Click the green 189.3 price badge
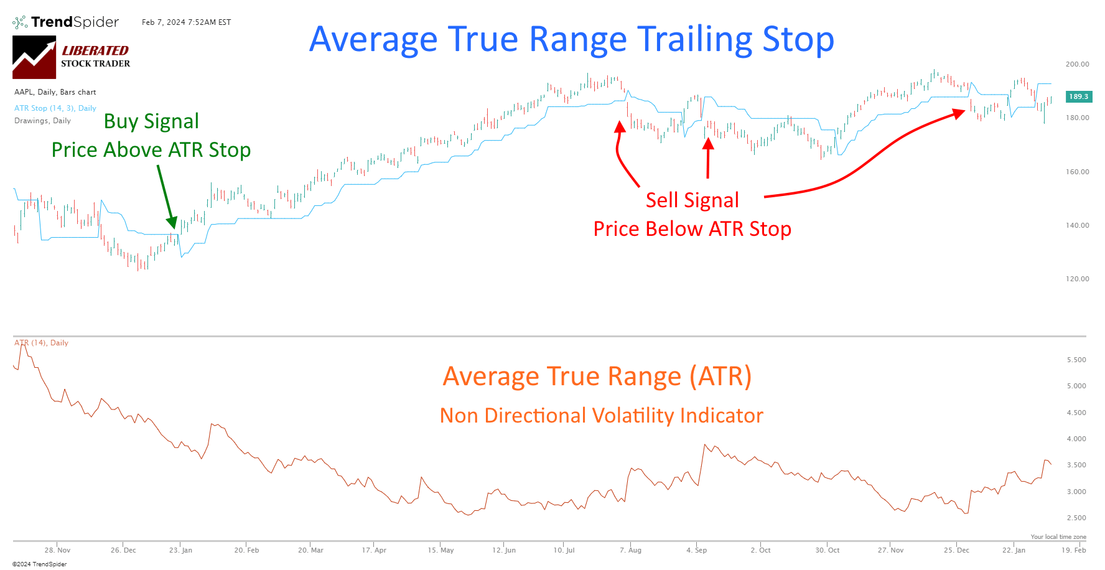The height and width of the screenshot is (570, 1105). tap(1078, 96)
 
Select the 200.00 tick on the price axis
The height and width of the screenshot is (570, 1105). tap(1077, 64)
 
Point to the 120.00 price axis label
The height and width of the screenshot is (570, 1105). tap(1077, 279)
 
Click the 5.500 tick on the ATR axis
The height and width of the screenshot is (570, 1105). tap(1076, 360)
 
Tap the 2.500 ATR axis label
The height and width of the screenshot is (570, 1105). tap(1076, 518)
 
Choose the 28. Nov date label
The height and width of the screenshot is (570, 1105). tap(57, 550)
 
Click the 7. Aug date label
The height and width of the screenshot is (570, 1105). tap(630, 550)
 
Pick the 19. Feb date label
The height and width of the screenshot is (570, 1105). tap(1073, 550)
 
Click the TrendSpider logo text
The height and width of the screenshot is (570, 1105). tap(75, 22)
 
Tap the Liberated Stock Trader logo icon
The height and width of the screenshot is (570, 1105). tap(34, 57)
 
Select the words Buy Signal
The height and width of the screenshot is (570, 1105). tap(151, 121)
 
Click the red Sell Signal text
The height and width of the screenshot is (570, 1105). tap(692, 200)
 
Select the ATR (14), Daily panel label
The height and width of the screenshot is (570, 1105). tap(41, 343)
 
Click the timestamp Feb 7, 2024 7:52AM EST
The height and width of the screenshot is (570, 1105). tap(186, 22)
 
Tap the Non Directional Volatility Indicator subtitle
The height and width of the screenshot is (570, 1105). tap(601, 416)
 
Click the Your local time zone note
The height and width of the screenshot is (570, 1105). tap(1058, 536)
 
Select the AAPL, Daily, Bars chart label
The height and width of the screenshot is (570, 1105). tap(55, 92)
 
